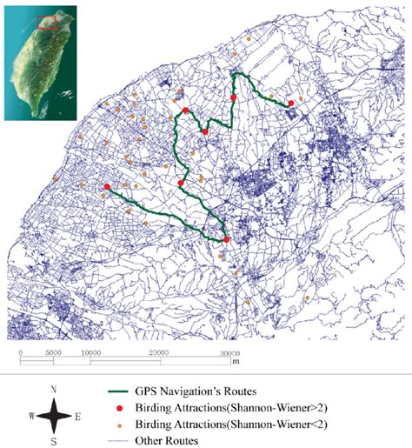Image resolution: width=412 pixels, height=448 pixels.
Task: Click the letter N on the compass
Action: pyautogui.click(x=55, y=389)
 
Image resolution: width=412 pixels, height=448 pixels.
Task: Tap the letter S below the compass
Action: pyautogui.click(x=55, y=442)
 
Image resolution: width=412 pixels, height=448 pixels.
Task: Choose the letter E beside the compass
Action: pyautogui.click(x=76, y=417)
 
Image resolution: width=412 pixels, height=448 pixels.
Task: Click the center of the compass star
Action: pyautogui.click(x=55, y=416)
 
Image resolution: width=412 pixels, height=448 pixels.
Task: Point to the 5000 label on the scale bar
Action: pyautogui.click(x=51, y=352)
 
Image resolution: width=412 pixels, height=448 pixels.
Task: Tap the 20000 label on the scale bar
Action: pyautogui.click(x=159, y=352)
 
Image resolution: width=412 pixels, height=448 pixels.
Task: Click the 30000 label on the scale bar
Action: pyautogui.click(x=229, y=352)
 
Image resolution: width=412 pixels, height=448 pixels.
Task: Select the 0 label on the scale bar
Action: pyautogui.click(x=20, y=352)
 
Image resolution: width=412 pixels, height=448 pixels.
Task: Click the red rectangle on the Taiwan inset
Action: pyautogui.click(x=48, y=23)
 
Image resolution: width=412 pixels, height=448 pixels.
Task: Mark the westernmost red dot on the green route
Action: pyautogui.click(x=106, y=187)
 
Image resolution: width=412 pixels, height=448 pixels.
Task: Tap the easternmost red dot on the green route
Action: pyautogui.click(x=290, y=104)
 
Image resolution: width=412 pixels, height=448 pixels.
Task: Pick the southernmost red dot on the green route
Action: pyautogui.click(x=226, y=239)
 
